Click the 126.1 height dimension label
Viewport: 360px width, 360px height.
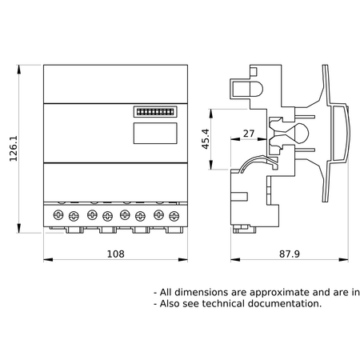click(14, 149)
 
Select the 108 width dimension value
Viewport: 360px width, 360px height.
click(116, 254)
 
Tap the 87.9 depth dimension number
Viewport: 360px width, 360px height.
click(290, 254)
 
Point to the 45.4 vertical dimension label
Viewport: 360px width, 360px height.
click(206, 138)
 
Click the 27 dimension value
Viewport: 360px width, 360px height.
click(249, 134)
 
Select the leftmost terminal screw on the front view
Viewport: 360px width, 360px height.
click(58, 214)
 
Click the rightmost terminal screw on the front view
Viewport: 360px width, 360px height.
click(174, 216)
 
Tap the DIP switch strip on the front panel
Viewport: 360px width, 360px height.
click(155, 112)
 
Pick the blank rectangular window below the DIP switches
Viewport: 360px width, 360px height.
click(155, 133)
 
